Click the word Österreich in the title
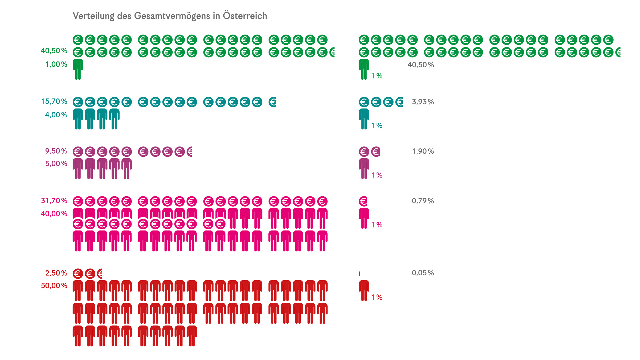(x=245, y=16)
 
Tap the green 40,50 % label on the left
(x=54, y=51)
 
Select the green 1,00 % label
(x=56, y=64)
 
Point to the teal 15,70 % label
(x=54, y=101)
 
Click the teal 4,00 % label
(x=56, y=115)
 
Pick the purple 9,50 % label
(x=56, y=151)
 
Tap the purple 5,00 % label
(x=56, y=164)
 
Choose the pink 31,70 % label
(x=54, y=201)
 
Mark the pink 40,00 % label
(x=54, y=214)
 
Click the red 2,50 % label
(x=56, y=273)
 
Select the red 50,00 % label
(x=54, y=286)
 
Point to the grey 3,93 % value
(x=423, y=102)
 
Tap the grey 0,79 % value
(x=423, y=201)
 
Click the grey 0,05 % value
(x=423, y=273)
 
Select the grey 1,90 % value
(x=423, y=151)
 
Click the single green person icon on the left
(x=78, y=69)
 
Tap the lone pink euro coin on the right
(x=363, y=201)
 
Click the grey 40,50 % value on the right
(x=421, y=65)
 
